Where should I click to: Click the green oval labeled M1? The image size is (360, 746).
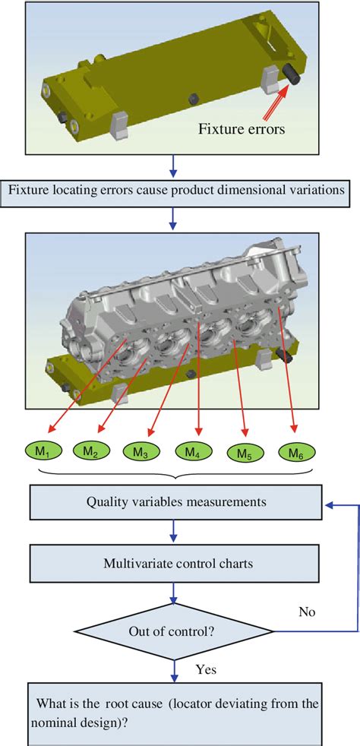[43, 453]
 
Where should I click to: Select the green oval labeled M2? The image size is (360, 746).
[90, 452]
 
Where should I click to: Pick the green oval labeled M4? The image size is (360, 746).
[192, 452]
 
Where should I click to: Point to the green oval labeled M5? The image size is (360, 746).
[244, 454]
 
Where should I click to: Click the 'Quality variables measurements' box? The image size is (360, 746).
[175, 502]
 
